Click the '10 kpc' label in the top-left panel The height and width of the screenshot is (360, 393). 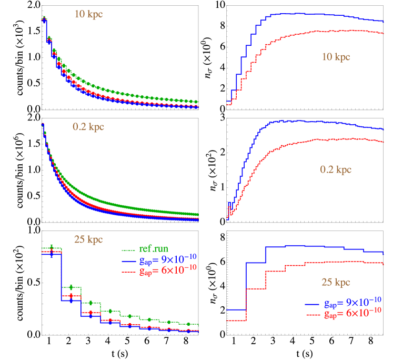click(x=88, y=14)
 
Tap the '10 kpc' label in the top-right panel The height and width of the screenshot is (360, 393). click(x=335, y=57)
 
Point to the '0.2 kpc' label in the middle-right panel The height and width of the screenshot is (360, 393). click(x=336, y=169)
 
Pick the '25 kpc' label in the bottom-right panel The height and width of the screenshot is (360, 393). click(x=336, y=283)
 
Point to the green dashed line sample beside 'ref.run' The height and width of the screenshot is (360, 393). click(x=128, y=249)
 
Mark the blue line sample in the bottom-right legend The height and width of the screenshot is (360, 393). click(x=313, y=304)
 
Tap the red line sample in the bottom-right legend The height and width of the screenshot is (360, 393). click(x=313, y=314)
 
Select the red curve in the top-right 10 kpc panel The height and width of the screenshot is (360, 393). click(x=316, y=32)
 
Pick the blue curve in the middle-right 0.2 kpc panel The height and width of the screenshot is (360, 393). click(x=316, y=122)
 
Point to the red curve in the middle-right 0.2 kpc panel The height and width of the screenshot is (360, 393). click(x=316, y=139)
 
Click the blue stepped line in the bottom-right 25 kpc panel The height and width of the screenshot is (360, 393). click(x=316, y=246)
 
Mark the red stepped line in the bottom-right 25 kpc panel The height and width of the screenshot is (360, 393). click(x=316, y=263)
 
